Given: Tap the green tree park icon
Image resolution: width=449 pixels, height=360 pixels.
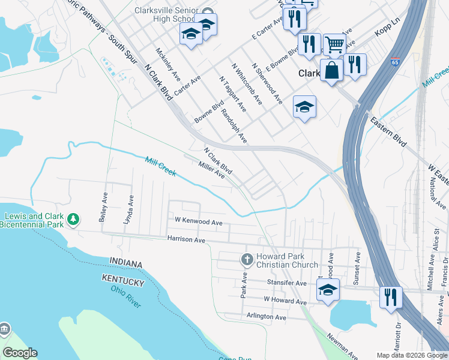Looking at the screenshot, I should coord(73,220).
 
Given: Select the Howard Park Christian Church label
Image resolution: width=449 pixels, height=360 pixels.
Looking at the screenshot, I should coord(287,260).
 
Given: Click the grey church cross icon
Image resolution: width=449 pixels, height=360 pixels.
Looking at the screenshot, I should coord(246,260).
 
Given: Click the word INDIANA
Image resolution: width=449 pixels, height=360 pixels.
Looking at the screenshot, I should coord(125,264).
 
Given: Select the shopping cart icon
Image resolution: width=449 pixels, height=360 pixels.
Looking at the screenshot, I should coord(334,44).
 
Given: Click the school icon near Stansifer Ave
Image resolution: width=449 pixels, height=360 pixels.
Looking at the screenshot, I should coord(328,290).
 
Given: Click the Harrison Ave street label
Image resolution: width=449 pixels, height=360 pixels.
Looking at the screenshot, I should coord(186,240).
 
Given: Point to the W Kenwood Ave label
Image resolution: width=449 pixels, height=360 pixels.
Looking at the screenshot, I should coord(198,221).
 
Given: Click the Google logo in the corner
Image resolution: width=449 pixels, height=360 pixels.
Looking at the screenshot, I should coord(20,353).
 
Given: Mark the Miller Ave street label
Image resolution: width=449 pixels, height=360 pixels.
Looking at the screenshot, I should coord(212,169).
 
